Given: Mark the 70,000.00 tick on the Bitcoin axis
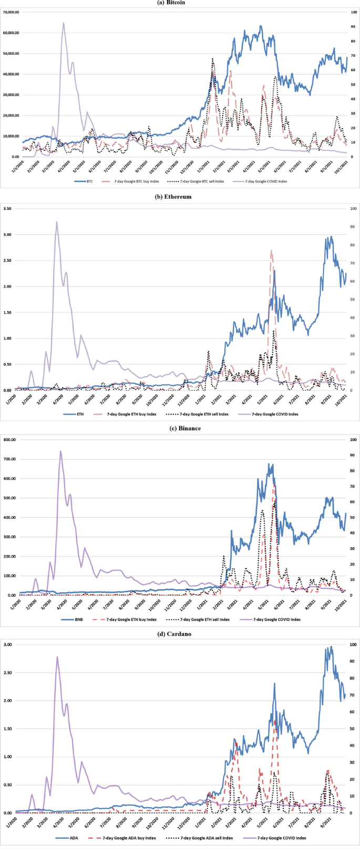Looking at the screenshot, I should click(11, 12).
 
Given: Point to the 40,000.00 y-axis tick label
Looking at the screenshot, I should click(11, 74).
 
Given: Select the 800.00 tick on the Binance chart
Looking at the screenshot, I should click(9, 439).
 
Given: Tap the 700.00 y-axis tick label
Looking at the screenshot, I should click(9, 459).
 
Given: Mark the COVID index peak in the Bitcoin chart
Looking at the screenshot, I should click(64, 23).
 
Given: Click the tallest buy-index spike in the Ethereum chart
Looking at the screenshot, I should click(271, 251).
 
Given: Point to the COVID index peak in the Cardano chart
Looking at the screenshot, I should click(57, 657).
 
